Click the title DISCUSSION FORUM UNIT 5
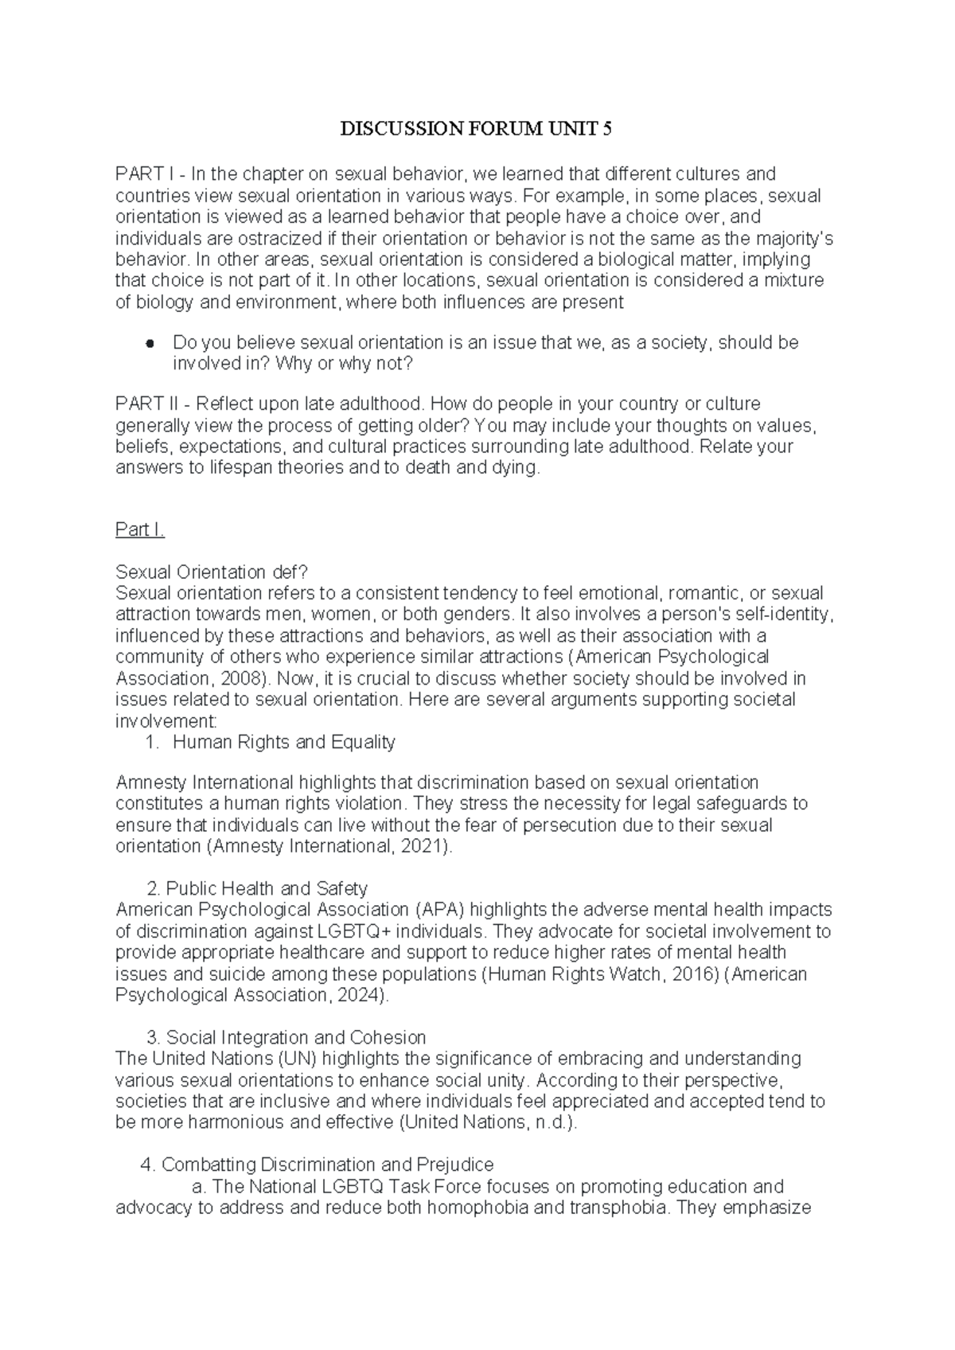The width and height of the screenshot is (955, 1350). coord(477,129)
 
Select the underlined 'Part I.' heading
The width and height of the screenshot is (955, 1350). coord(140,530)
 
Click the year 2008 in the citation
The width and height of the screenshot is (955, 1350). coord(245,679)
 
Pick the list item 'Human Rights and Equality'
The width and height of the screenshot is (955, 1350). coord(283,743)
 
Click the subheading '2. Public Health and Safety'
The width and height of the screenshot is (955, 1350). coord(258,888)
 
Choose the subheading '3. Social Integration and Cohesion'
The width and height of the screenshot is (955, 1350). coord(286,1038)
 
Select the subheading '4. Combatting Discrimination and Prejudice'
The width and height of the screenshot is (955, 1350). coord(317,1165)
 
